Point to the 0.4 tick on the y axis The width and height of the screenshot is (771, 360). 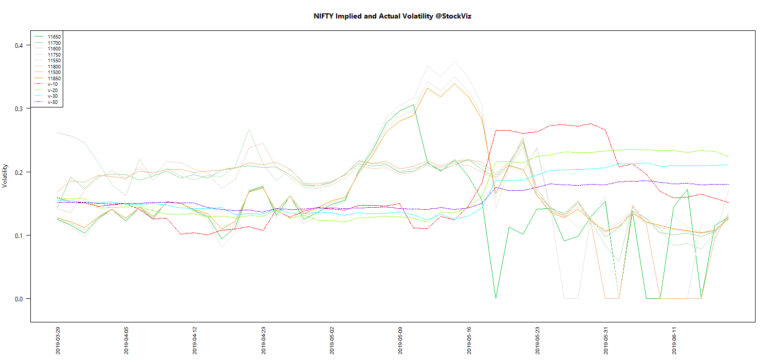click(x=19, y=45)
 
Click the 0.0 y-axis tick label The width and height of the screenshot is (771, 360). click(x=19, y=299)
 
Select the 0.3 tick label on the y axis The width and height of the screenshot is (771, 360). click(x=19, y=109)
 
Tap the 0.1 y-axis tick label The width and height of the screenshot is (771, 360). click(x=19, y=236)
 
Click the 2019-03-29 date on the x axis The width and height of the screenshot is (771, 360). click(x=58, y=339)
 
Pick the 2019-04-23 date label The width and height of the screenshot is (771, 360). click(x=263, y=339)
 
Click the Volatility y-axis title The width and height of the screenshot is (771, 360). click(x=6, y=175)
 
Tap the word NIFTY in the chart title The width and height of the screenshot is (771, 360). click(x=324, y=16)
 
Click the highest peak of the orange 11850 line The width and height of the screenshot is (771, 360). click(x=454, y=83)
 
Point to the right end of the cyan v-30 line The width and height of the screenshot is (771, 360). click(x=729, y=165)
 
